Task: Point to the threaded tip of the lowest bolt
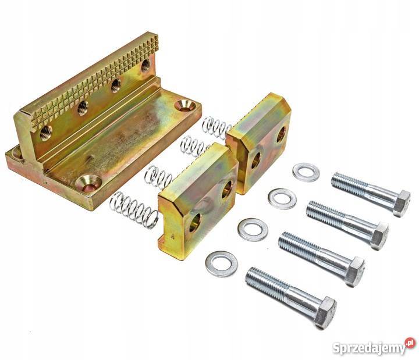coord(250,276)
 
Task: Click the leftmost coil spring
coord(134,209)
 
